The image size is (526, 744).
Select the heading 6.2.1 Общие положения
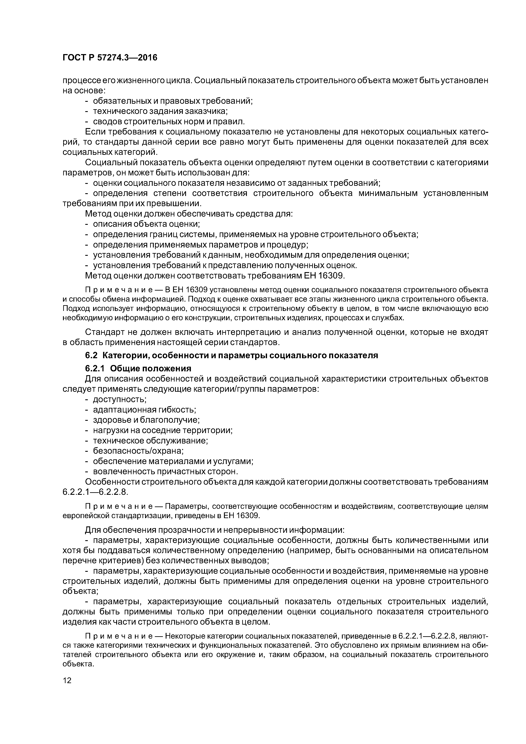click(138, 368)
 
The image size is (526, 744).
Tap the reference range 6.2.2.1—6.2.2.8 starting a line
click(95, 492)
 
